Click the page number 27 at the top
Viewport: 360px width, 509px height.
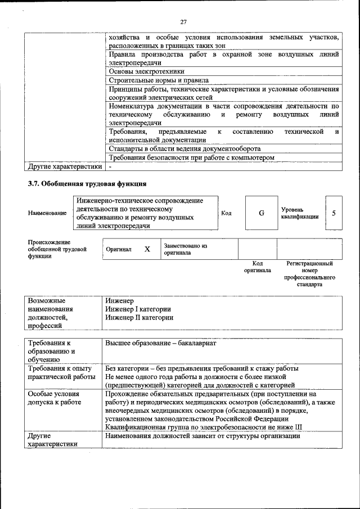pyautogui.click(x=183, y=22)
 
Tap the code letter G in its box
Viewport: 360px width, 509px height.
pyautogui.click(x=261, y=213)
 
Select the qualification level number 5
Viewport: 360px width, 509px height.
pyautogui.click(x=334, y=213)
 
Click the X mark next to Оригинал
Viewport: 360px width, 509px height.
pyautogui.click(x=147, y=249)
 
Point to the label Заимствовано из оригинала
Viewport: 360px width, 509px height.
pyautogui.click(x=186, y=249)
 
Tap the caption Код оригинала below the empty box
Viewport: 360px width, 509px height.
pyautogui.click(x=258, y=267)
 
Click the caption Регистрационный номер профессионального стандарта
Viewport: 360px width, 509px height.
pyautogui.click(x=309, y=273)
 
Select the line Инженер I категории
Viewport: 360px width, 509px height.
pyautogui.click(x=138, y=309)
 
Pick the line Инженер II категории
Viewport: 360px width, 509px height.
pyautogui.click(x=139, y=317)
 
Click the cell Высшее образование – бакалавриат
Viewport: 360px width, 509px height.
pyautogui.click(x=160, y=343)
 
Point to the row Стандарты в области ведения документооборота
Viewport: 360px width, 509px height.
pyautogui.click(x=184, y=148)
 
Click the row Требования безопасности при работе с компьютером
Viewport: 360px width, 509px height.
pyautogui.click(x=191, y=157)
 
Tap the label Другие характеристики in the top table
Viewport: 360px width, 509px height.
pyautogui.click(x=65, y=166)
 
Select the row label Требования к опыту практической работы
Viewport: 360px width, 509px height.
pyautogui.click(x=61, y=372)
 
